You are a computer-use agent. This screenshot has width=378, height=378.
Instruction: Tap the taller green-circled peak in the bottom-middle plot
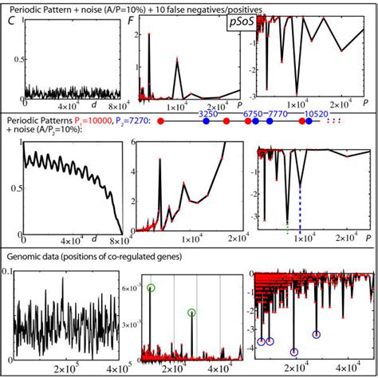click(152, 289)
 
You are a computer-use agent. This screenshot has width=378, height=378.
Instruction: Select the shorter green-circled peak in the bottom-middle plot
click(191, 313)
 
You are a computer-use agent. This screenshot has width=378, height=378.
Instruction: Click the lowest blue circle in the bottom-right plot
click(294, 351)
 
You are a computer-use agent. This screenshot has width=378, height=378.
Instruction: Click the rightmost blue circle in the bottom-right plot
click(317, 335)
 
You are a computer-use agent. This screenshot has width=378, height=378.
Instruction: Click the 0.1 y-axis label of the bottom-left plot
click(7, 272)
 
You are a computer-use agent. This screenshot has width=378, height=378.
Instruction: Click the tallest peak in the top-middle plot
click(149, 37)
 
